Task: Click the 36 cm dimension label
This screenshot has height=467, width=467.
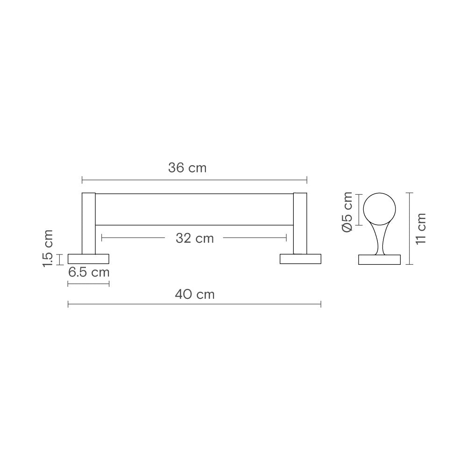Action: click(187, 168)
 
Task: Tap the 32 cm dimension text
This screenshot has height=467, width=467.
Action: click(195, 238)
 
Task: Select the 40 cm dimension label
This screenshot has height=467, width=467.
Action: click(195, 295)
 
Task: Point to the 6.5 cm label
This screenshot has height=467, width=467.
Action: click(89, 272)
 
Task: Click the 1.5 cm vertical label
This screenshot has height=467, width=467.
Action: click(48, 248)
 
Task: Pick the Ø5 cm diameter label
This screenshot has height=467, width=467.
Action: click(347, 212)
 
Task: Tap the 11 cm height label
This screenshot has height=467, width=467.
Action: click(421, 229)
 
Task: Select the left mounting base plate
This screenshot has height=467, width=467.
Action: click(88, 259)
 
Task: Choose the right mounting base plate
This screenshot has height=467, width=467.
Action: click(300, 259)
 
